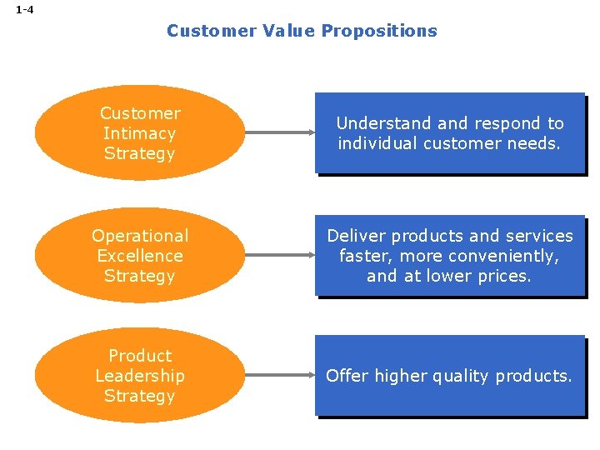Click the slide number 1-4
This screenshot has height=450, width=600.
24,10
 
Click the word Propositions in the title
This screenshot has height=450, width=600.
379,31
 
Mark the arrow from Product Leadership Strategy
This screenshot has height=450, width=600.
279,376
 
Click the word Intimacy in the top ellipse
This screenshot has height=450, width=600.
139,133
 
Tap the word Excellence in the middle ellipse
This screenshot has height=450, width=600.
139,256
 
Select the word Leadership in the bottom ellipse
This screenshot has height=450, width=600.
139,376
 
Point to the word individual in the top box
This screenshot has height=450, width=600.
376,143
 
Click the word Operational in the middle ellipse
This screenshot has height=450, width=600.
139,236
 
